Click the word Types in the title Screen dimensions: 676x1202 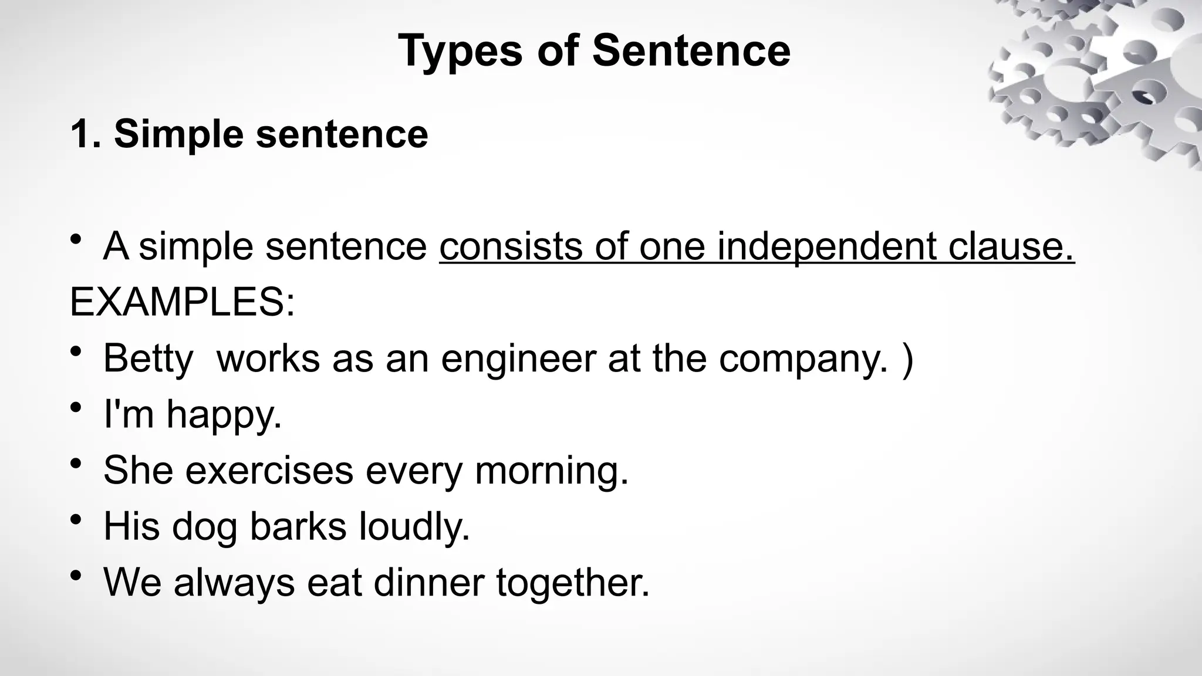460,52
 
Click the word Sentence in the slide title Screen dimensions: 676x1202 691,50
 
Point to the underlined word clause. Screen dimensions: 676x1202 1011,246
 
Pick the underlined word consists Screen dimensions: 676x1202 510,246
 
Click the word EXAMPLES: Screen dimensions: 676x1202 182,302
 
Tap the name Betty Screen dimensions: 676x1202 148,359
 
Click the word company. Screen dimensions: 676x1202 803,359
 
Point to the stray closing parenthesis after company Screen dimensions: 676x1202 907,359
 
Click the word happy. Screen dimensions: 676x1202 224,415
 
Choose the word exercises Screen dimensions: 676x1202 269,471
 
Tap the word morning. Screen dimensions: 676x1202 551,471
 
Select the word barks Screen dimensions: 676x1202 298,526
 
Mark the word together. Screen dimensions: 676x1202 573,583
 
